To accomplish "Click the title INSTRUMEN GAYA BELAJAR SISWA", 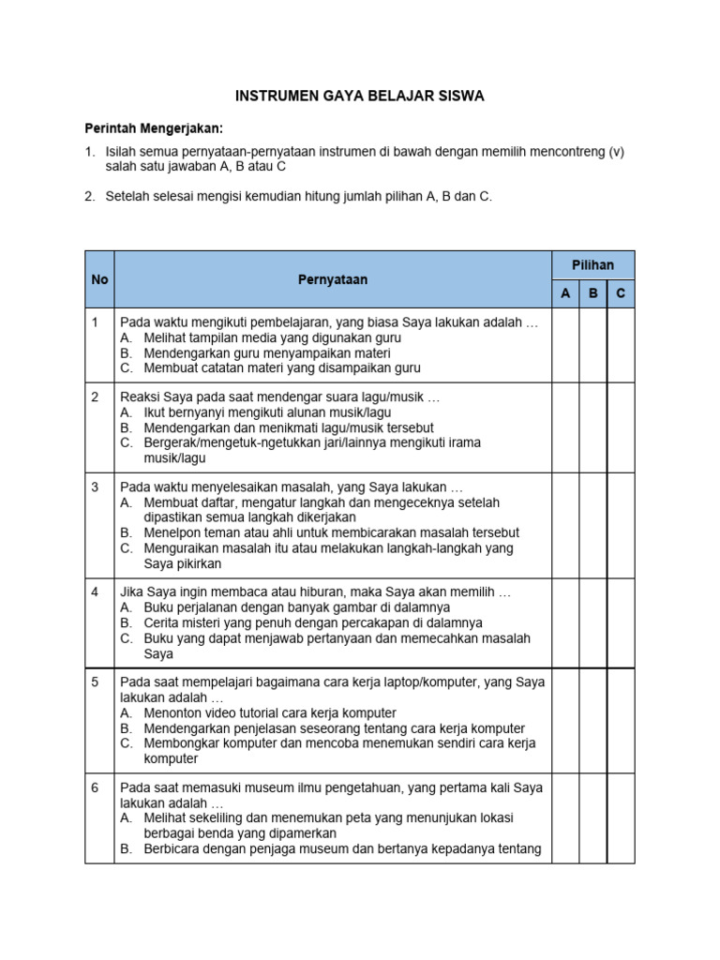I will [x=359, y=97].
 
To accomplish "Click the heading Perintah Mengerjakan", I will [x=155, y=127].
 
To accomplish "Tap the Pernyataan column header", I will [x=333, y=279].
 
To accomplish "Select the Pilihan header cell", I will [x=592, y=265].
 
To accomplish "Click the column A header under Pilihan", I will [x=565, y=293].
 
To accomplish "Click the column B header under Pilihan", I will [x=592, y=293].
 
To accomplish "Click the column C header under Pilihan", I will [x=621, y=293].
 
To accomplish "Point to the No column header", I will [x=99, y=279].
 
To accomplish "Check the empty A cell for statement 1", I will [x=565, y=345].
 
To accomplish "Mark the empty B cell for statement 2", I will [x=592, y=427].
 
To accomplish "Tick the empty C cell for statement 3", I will [x=621, y=525].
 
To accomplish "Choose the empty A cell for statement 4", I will [x=565, y=622].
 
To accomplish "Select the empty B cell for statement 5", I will [x=592, y=720].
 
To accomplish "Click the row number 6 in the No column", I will [x=96, y=787].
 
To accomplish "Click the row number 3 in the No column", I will [x=96, y=487].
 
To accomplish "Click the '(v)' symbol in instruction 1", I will [x=616, y=151].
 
